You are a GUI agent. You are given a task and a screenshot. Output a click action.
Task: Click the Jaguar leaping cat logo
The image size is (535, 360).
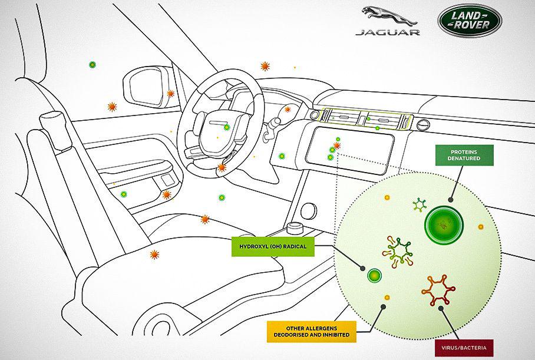point(386,15)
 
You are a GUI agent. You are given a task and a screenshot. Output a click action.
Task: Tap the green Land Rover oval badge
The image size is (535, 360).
point(469,20)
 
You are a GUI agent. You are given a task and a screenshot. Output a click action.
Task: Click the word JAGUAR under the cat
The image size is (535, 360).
point(387,32)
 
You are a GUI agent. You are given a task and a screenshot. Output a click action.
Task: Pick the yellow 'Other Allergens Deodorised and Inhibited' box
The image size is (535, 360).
point(309,331)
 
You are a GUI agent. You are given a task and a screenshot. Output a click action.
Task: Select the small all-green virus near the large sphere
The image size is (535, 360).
point(420,204)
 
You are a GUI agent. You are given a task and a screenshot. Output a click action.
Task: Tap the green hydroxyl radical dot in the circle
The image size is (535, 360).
point(374,275)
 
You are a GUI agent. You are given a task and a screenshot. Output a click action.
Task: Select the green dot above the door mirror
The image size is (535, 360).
point(92,65)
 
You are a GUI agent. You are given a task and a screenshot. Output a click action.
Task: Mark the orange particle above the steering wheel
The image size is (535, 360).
point(265,66)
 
